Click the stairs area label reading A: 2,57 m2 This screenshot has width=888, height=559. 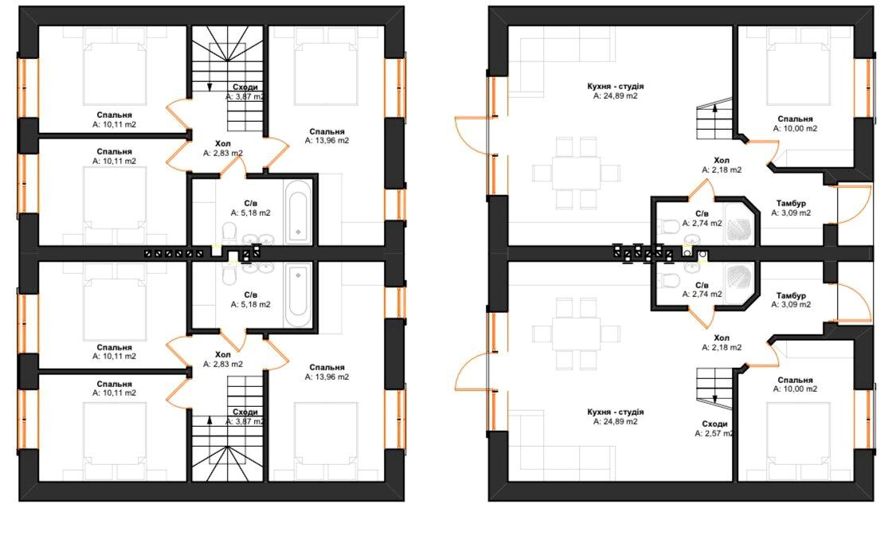pyautogui.click(x=713, y=434)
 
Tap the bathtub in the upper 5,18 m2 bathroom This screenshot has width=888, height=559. pyautogui.click(x=298, y=212)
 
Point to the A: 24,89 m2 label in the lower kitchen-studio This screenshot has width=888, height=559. pyautogui.click(x=615, y=422)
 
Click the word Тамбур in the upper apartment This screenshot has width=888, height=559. pyautogui.click(x=791, y=203)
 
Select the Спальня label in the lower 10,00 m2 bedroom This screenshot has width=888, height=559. pyautogui.click(x=795, y=380)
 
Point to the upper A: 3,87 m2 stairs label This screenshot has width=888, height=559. pyautogui.click(x=245, y=96)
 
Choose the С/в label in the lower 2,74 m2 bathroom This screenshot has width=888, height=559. pyautogui.click(x=702, y=284)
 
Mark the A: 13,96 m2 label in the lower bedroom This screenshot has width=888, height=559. pyautogui.click(x=327, y=377)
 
